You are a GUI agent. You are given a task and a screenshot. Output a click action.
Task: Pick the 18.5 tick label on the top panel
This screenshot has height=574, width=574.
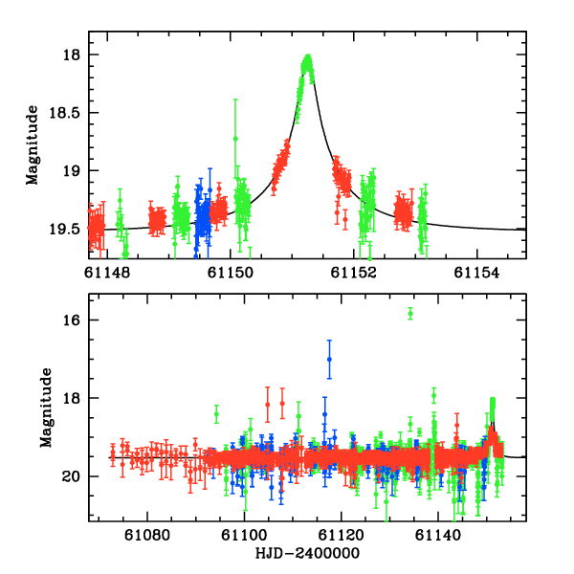point(66,113)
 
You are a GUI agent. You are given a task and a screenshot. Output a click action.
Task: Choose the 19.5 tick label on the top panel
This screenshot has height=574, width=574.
point(66,229)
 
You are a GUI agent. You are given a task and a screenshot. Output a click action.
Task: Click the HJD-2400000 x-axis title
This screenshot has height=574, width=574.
point(308,554)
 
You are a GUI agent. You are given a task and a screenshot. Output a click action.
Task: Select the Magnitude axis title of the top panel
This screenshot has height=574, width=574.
point(33,144)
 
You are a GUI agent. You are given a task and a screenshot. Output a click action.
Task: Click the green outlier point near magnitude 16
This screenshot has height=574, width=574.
point(410,313)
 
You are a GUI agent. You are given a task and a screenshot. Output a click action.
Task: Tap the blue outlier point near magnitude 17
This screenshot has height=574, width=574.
point(329,359)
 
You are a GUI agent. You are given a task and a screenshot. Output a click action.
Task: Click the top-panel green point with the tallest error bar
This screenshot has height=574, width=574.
point(235,139)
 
